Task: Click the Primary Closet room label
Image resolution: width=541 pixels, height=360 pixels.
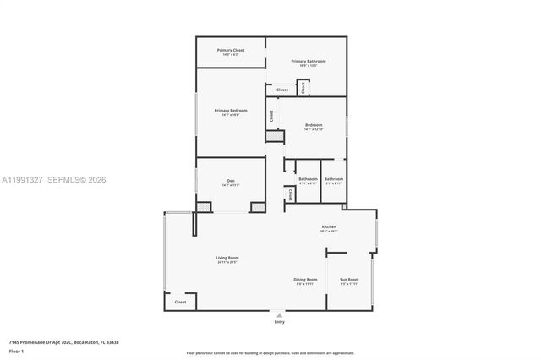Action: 230,50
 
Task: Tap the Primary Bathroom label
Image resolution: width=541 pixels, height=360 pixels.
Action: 309,61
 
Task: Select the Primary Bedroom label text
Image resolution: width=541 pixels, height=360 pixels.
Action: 230,111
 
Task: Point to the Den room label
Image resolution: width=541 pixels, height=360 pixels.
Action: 230,180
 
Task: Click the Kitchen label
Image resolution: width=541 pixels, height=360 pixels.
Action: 329,226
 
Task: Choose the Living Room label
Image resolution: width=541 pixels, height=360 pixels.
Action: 227,257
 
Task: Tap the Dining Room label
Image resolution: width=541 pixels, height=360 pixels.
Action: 305,279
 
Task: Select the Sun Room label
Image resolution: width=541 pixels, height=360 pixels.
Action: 349,279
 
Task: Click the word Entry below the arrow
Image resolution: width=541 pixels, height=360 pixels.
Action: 279,322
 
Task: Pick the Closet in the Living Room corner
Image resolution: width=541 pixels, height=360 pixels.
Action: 180,302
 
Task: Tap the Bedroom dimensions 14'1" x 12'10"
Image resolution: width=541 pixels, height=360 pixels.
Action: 314,130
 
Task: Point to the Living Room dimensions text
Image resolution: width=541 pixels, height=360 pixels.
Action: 227,262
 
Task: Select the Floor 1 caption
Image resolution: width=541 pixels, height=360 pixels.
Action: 16,351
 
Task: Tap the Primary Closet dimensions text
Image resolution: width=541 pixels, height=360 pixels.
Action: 230,55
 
